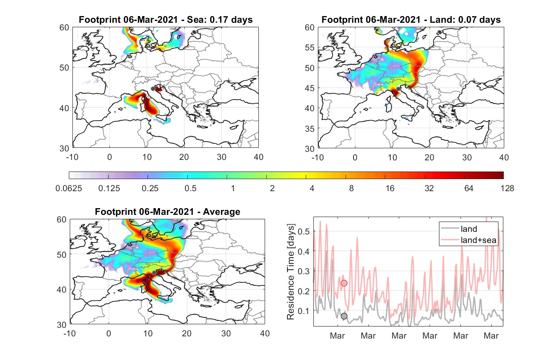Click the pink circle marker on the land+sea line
pos(344,283)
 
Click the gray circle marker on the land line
pos(344,316)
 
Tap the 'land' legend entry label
pos(469,229)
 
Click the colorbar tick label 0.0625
pos(69,188)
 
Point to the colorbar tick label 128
pos(507,188)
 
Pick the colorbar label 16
pos(390,188)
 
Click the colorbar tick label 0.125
pos(109,188)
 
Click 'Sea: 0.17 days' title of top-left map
pos(220,20)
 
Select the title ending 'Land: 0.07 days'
pos(411,20)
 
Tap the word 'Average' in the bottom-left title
pos(222,212)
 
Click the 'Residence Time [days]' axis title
pos(291,272)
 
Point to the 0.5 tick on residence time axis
pos(304,231)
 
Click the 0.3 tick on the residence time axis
pos(304,271)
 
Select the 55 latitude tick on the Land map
pos(310,47)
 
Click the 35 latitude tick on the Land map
pos(310,129)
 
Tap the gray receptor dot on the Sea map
pos(153,89)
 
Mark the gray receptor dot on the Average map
pos(154,273)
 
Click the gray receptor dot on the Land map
pos(398,89)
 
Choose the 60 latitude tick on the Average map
pos(62,219)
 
